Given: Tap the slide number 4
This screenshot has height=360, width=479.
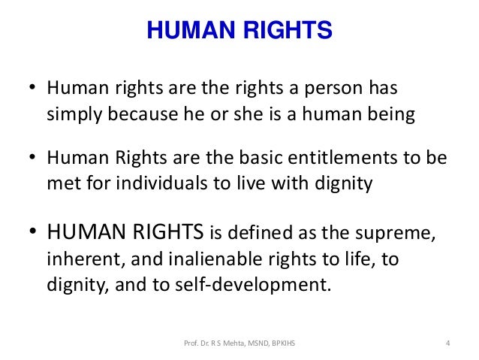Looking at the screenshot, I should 447,345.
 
